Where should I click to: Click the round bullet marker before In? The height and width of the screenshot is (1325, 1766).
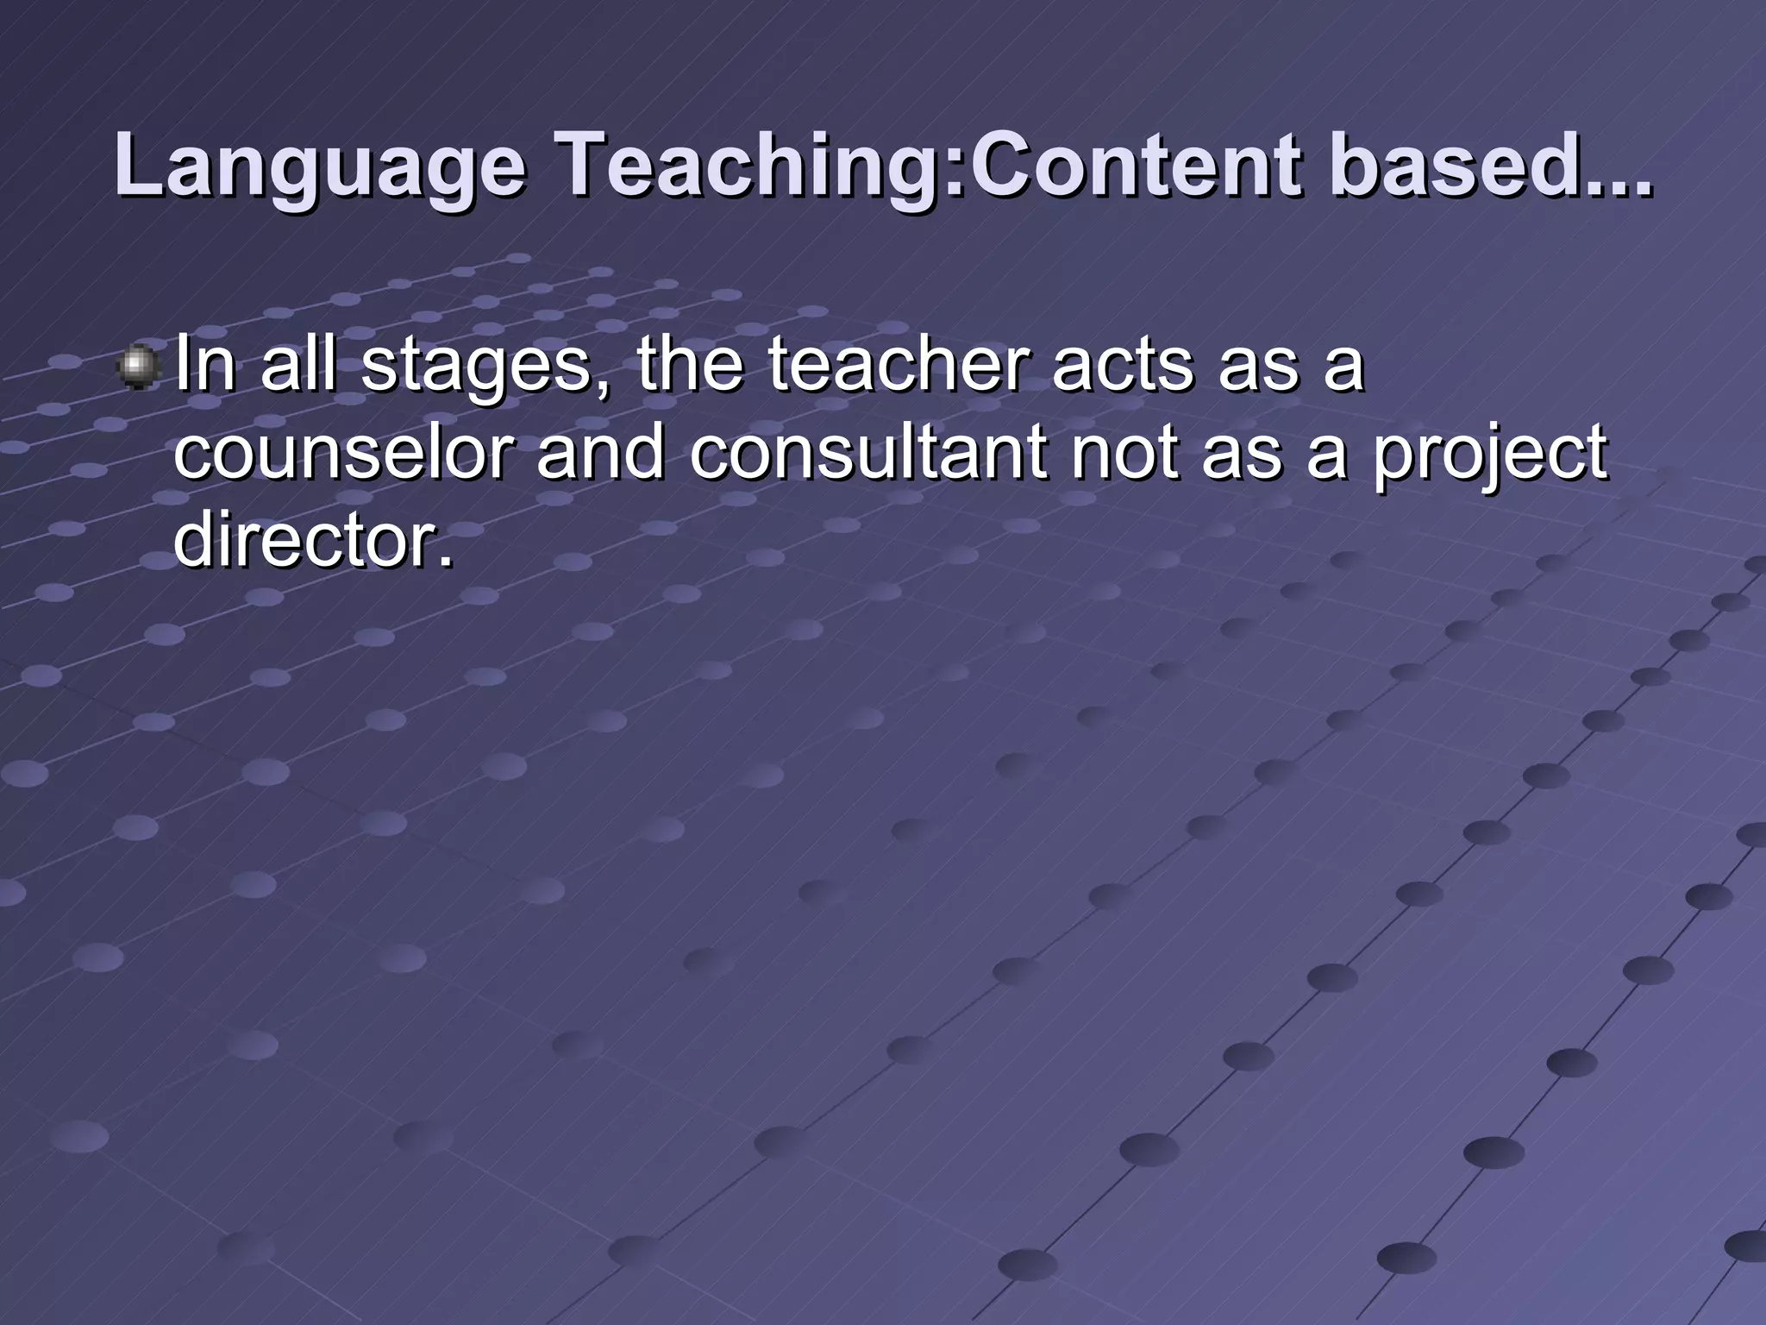click(x=138, y=368)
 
